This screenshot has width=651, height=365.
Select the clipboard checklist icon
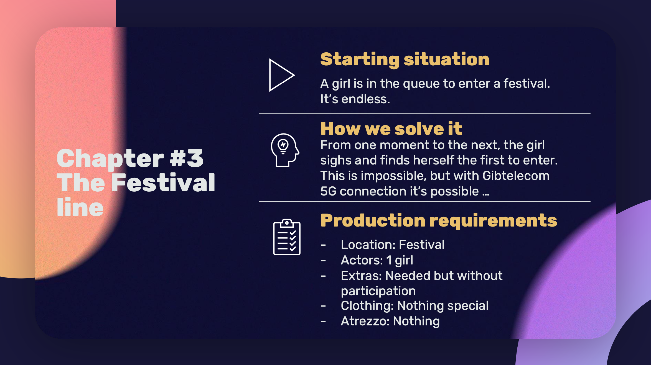click(x=287, y=237)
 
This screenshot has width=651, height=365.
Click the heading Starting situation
click(x=405, y=60)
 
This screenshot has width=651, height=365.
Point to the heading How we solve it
click(x=391, y=129)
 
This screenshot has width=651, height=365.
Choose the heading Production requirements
click(x=439, y=221)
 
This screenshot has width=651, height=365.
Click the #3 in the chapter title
click(x=187, y=158)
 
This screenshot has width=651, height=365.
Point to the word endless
click(x=365, y=99)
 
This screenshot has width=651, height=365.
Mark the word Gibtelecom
click(x=516, y=176)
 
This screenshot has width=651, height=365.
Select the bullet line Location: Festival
click(x=393, y=245)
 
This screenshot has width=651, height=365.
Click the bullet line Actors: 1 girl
click(x=377, y=260)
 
